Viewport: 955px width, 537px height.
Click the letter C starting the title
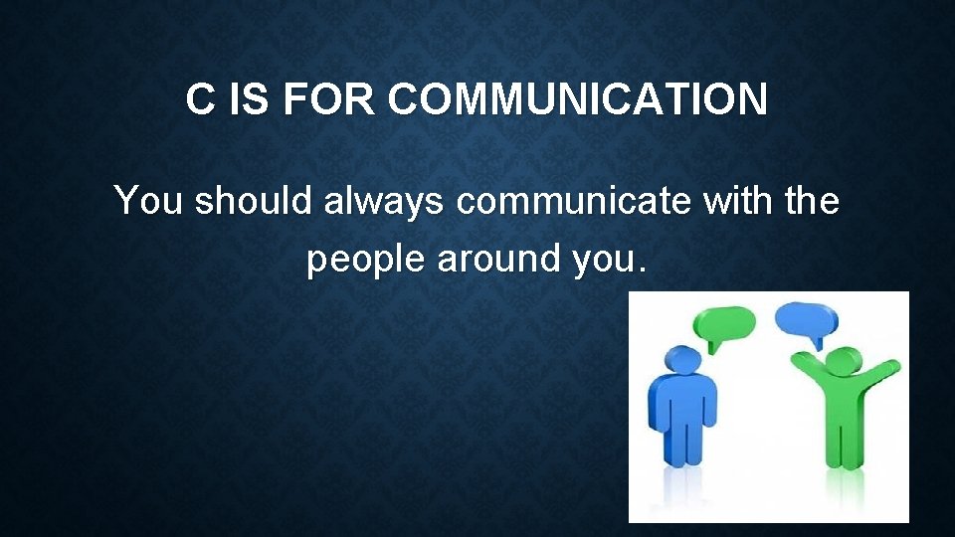pyautogui.click(x=201, y=100)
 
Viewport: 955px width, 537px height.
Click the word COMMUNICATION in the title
pyautogui.click(x=578, y=100)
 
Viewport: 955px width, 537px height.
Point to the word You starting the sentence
pyautogui.click(x=149, y=201)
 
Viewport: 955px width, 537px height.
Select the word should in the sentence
pyautogui.click(x=255, y=201)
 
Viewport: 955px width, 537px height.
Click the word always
pyautogui.click(x=389, y=202)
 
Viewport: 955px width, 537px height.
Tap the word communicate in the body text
pyautogui.click(x=575, y=201)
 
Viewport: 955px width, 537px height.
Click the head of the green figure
pyautogui.click(x=843, y=364)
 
